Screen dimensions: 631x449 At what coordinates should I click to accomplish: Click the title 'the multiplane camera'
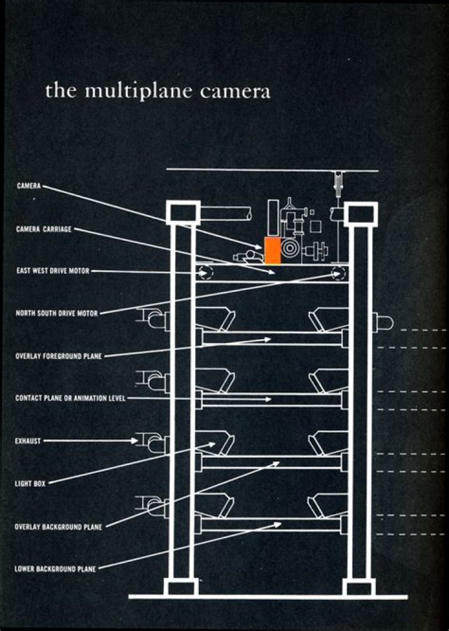(158, 91)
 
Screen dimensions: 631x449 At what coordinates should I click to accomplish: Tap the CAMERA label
(29, 186)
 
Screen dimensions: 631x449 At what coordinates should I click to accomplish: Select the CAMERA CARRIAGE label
(44, 229)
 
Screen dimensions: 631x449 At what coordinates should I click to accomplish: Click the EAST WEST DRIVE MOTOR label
(53, 271)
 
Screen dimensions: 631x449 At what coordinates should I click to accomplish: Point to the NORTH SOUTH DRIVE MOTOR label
(57, 314)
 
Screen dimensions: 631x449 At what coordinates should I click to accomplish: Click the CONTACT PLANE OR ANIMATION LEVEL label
(70, 398)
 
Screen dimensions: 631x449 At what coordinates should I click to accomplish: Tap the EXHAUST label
(28, 441)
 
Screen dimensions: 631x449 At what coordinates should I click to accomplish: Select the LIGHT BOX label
(30, 483)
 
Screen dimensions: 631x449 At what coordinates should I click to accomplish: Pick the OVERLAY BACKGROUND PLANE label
(59, 527)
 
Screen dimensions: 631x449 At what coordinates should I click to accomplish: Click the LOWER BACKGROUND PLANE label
(55, 569)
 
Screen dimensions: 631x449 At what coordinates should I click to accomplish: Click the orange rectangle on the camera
(272, 250)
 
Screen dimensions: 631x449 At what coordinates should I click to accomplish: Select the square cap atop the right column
(360, 214)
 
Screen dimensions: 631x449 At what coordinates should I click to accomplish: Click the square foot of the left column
(181, 587)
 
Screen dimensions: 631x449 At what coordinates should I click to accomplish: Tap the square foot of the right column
(359, 587)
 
